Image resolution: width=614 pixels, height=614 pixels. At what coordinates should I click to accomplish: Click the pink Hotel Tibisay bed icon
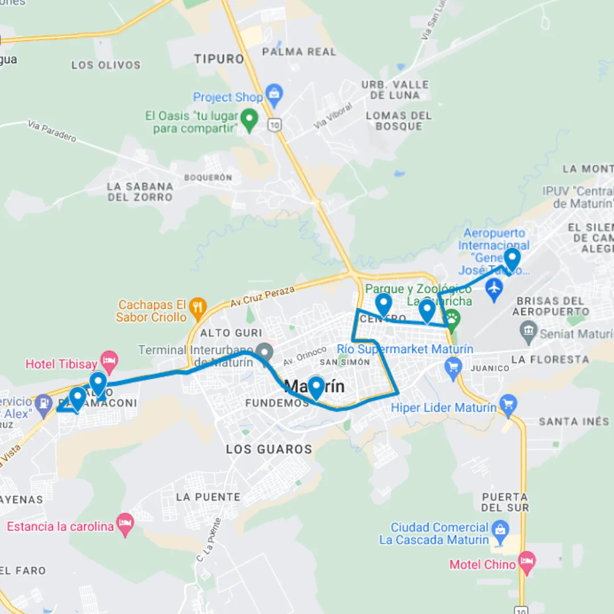pyautogui.click(x=109, y=360)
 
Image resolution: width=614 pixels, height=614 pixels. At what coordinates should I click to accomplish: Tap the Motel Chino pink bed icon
pyautogui.click(x=527, y=561)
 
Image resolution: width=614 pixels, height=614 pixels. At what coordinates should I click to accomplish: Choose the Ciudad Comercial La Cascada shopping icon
pyautogui.click(x=500, y=530)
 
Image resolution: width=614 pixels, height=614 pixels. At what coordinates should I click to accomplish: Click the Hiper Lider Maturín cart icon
pyautogui.click(x=508, y=405)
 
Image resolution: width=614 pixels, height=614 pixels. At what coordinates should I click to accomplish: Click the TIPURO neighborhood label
pyautogui.click(x=219, y=59)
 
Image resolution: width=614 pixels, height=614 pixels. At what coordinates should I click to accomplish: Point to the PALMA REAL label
pyautogui.click(x=299, y=52)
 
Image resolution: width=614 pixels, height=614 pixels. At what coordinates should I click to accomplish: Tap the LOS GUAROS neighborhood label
pyautogui.click(x=269, y=449)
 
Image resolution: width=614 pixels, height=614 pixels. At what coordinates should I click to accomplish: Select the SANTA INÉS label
pyautogui.click(x=574, y=421)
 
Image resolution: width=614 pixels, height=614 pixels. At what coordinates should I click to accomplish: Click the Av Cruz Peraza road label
pyautogui.click(x=263, y=297)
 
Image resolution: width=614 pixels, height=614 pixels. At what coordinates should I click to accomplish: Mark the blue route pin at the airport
pyautogui.click(x=512, y=259)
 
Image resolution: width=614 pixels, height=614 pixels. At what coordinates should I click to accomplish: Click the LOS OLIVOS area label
pyautogui.click(x=106, y=65)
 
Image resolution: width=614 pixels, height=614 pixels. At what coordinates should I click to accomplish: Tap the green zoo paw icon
pyautogui.click(x=452, y=320)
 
